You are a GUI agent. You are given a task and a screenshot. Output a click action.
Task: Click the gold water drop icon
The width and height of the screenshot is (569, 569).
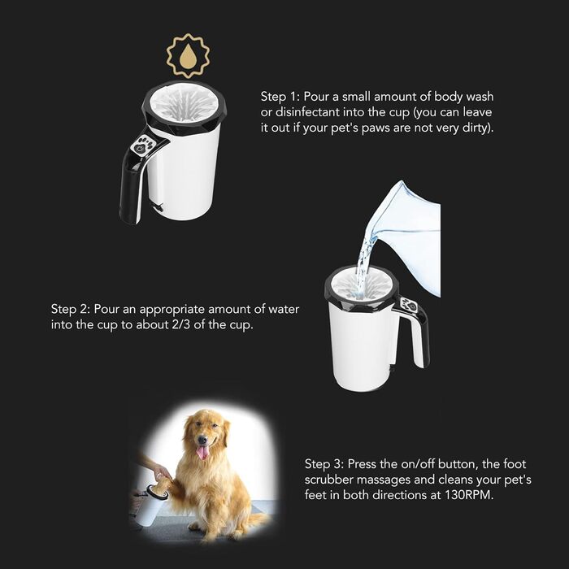coord(188,56)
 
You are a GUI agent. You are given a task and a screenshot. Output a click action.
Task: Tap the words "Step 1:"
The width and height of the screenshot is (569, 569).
coord(279,97)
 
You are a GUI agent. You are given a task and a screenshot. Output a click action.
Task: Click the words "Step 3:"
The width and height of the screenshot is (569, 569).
coord(324,464)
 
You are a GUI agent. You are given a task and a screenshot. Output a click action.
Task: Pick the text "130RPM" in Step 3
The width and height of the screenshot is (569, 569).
coord(469,495)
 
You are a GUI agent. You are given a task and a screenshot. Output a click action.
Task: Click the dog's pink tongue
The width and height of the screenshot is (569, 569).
coord(202,452)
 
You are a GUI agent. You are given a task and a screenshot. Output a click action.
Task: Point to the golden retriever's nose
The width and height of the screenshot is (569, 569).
coord(202,441)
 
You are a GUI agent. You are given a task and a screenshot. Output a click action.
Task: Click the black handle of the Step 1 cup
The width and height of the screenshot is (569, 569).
coord(133,178)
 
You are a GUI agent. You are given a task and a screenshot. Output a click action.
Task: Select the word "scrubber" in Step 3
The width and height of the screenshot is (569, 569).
coord(328,480)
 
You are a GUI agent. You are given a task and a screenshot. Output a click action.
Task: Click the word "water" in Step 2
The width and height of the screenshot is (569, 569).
coord(284,309)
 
